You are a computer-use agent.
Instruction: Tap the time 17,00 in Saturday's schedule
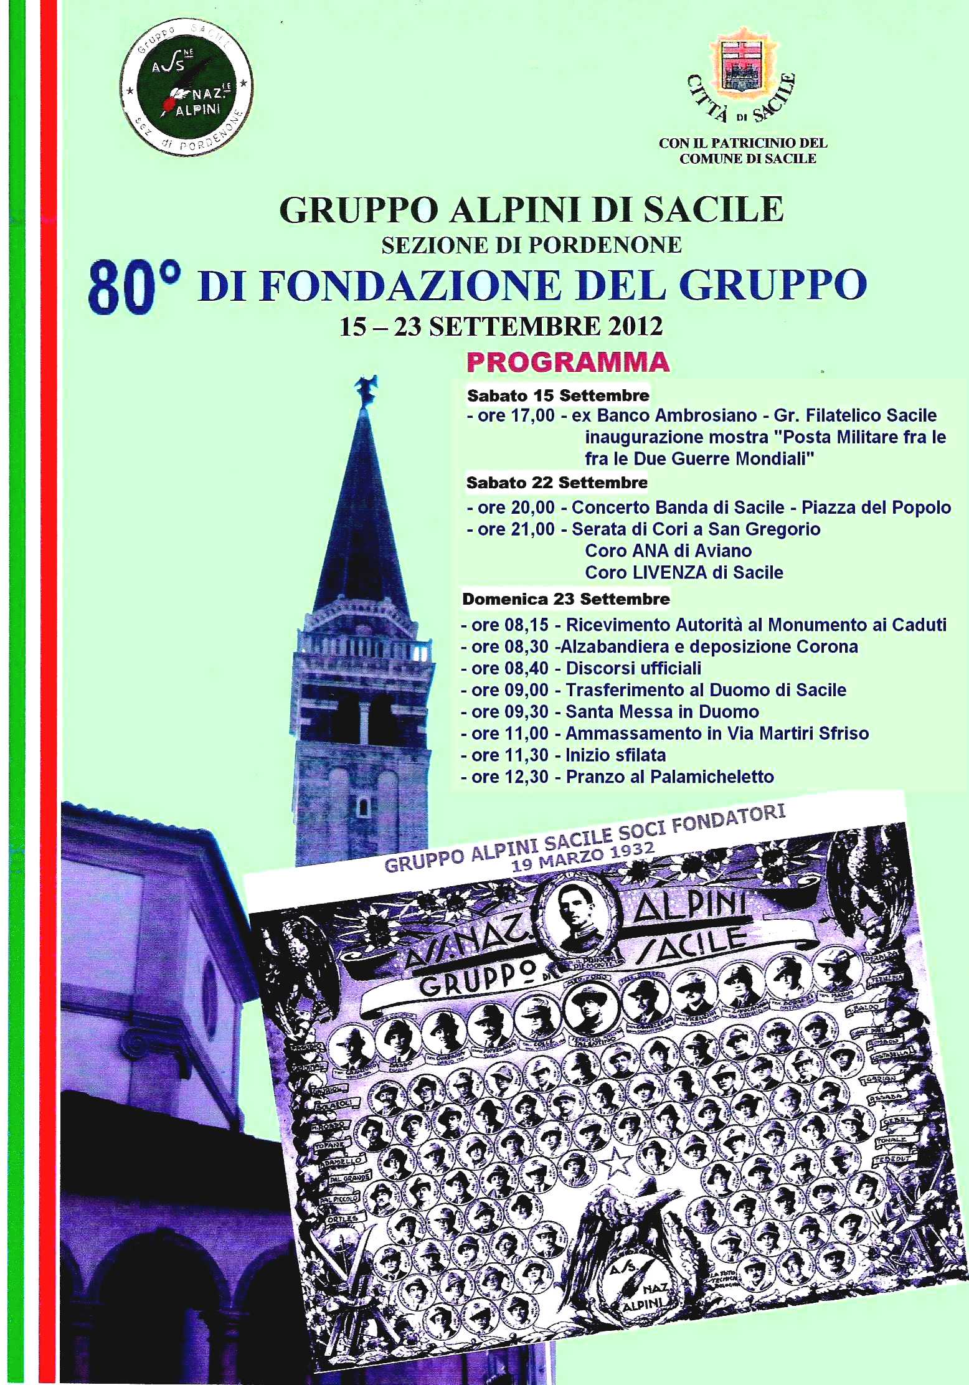point(534,415)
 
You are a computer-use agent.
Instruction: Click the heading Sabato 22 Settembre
point(557,482)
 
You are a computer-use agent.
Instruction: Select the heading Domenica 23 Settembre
point(565,599)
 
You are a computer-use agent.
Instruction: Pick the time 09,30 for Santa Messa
point(524,711)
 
